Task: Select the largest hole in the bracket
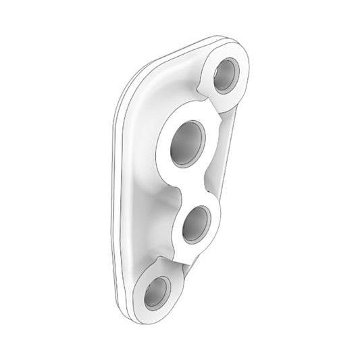(x=186, y=145)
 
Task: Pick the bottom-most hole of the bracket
(x=157, y=292)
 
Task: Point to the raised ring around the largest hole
(x=166, y=162)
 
